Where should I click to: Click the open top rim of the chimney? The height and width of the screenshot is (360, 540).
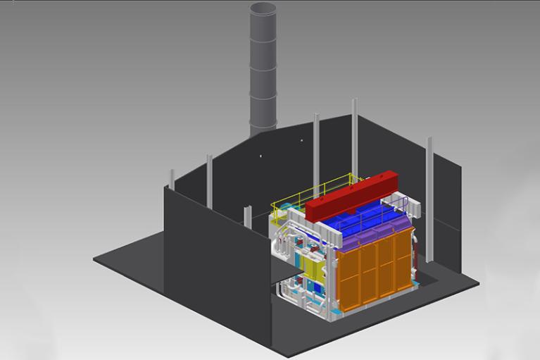click(x=263, y=8)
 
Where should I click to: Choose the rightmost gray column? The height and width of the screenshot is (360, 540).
click(x=429, y=183)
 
